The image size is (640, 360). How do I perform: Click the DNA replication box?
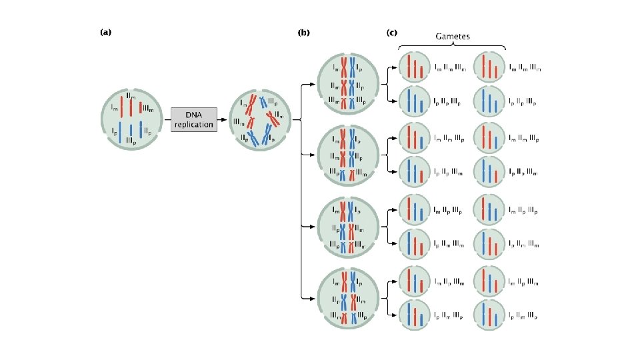(x=193, y=120)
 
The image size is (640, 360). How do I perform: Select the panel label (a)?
(x=105, y=31)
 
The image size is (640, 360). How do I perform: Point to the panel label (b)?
(x=304, y=31)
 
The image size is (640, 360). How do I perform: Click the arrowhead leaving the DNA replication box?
(x=223, y=120)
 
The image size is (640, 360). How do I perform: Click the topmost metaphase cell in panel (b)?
(x=349, y=84)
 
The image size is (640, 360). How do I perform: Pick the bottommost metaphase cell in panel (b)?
(x=349, y=297)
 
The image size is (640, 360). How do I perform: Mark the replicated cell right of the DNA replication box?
(x=259, y=120)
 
